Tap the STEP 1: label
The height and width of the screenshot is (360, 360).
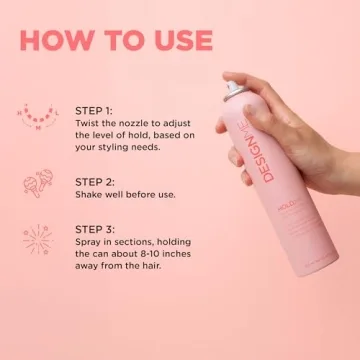pos(94,109)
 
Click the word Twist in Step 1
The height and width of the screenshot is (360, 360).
pos(88,123)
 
